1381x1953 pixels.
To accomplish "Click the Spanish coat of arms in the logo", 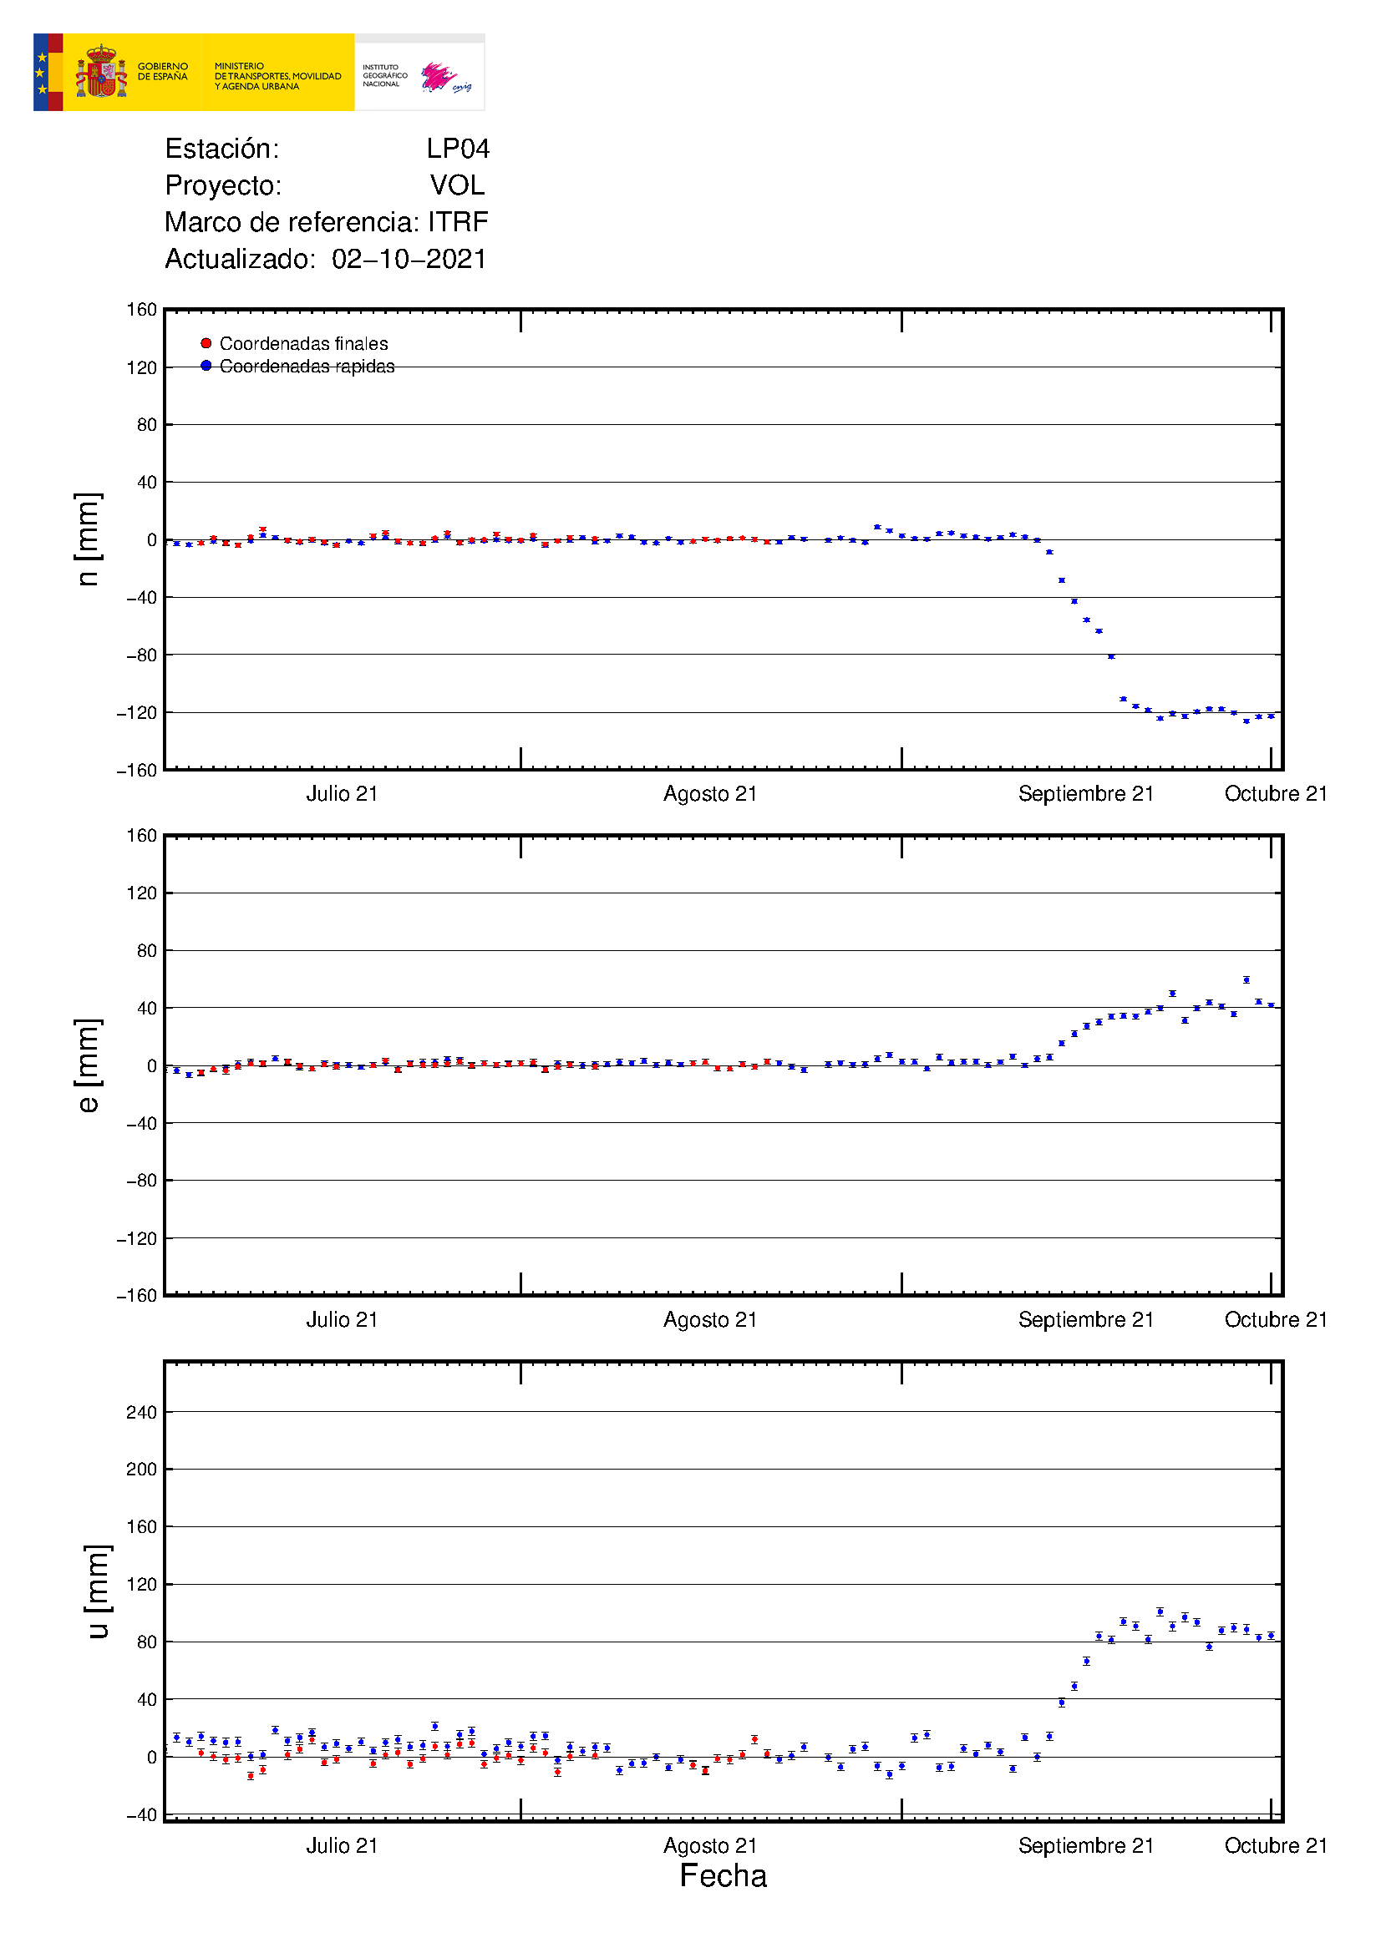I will (101, 73).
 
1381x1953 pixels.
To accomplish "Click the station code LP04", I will (458, 149).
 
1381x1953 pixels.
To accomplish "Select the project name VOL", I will (457, 185).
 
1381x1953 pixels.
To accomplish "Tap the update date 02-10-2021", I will (409, 259).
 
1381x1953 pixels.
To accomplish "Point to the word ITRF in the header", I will (458, 222).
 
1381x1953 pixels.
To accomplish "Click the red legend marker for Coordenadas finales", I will (206, 344).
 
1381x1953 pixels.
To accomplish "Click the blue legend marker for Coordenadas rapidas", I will (206, 366).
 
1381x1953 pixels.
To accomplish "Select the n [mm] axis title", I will (88, 539).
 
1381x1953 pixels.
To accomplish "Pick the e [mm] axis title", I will (88, 1065).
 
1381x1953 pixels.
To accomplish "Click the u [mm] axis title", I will (98, 1591).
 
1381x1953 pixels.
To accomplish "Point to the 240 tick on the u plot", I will (141, 1413).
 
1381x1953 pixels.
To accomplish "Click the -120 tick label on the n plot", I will (137, 713).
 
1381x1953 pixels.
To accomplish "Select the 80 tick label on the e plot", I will (146, 951).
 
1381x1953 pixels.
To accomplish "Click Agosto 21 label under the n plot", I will (710, 793).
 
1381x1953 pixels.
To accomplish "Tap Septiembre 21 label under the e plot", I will (1086, 1319).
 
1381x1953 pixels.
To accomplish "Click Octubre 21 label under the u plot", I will (1276, 1845).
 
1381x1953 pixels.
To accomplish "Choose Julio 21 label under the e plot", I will (342, 1319).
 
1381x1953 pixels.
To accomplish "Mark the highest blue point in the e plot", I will (1246, 980).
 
